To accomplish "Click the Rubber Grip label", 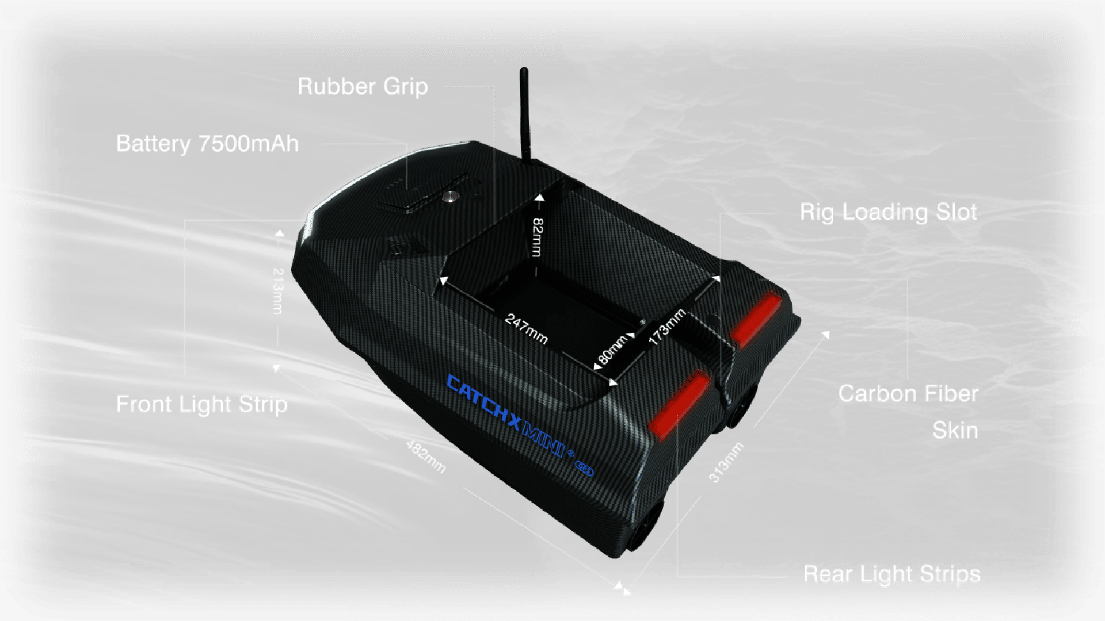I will [x=363, y=87].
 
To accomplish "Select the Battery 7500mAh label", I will [x=207, y=144].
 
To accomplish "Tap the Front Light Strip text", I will [x=201, y=404].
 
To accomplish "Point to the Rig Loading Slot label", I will [x=888, y=212].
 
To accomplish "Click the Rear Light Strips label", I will [x=891, y=574].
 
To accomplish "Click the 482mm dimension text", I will [x=425, y=457].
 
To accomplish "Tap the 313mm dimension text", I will [x=726, y=462].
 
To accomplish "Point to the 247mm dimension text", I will [x=526, y=328].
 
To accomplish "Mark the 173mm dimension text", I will [x=667, y=327].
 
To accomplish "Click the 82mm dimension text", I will [x=537, y=237].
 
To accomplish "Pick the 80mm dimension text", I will [x=612, y=349].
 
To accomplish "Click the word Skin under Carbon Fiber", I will [x=955, y=430].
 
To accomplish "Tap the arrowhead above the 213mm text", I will [x=279, y=234].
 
